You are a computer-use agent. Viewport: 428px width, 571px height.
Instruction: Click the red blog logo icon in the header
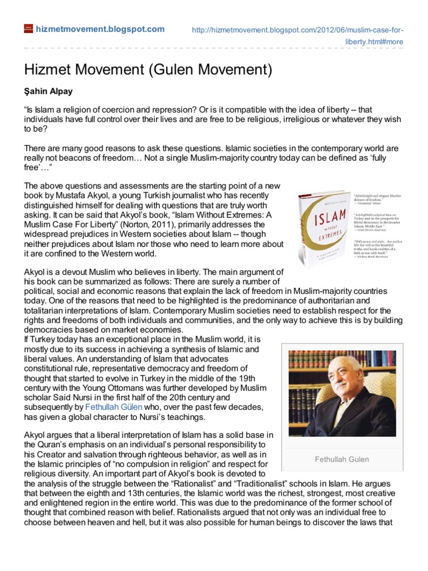click(28, 29)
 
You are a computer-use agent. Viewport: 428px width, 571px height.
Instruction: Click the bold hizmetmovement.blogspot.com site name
click(100, 29)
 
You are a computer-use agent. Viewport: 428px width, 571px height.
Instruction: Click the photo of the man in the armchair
click(342, 393)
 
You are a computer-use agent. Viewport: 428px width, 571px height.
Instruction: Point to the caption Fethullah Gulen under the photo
click(342, 459)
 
